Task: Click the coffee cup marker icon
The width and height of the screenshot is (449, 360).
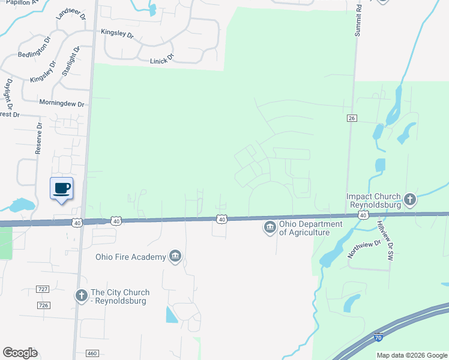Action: (61, 188)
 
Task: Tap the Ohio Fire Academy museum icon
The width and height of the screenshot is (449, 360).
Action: (175, 257)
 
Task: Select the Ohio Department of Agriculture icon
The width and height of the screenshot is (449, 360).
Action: (269, 227)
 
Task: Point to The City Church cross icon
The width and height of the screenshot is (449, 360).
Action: (81, 295)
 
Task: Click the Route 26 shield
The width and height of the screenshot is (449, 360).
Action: (352, 118)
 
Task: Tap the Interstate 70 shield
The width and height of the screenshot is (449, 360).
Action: (379, 338)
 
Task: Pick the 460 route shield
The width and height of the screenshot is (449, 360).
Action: (91, 353)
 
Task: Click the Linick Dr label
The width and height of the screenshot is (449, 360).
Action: (161, 58)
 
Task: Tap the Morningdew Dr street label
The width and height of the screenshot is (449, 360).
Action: (61, 103)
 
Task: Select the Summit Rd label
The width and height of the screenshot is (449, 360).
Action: (358, 23)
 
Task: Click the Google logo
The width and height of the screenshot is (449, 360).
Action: (20, 353)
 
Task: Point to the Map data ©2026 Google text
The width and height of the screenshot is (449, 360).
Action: (412, 355)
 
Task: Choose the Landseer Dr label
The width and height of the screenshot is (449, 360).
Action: (67, 22)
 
